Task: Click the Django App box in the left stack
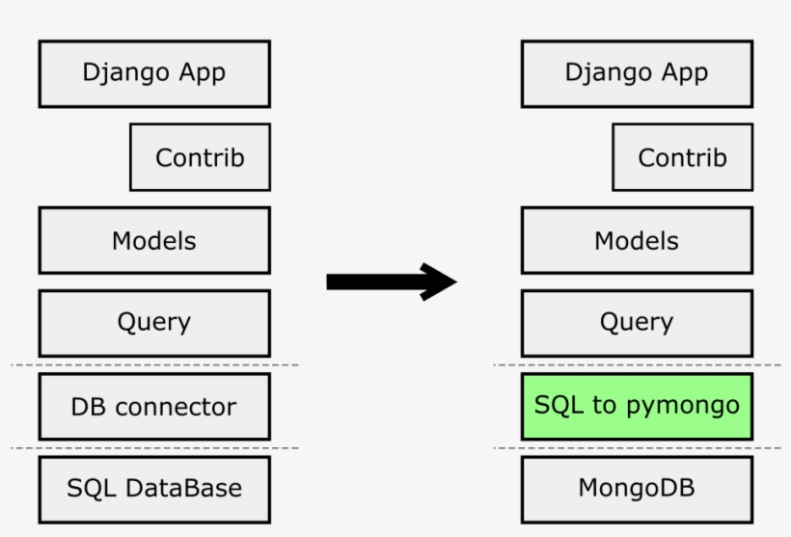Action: [x=154, y=73]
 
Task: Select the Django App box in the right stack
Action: [x=637, y=73]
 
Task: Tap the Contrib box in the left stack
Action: [x=200, y=157]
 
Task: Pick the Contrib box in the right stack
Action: [x=682, y=157]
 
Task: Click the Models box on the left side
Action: [x=154, y=240]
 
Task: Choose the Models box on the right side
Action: [x=637, y=240]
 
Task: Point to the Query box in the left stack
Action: [x=154, y=323]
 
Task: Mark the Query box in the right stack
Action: [x=637, y=323]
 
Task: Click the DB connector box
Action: [x=154, y=406]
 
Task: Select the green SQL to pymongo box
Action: [x=637, y=406]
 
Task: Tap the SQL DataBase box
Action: [x=154, y=489]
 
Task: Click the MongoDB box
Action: [x=637, y=489]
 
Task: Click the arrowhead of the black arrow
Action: [x=439, y=282]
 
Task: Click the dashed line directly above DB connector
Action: [x=154, y=365]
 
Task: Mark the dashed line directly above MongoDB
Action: [x=637, y=448]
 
